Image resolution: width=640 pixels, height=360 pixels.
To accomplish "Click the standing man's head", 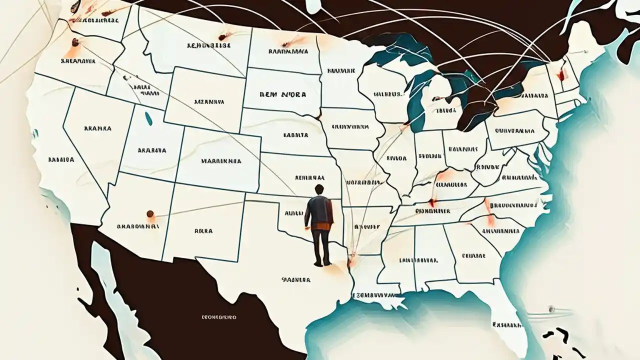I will coord(318,190).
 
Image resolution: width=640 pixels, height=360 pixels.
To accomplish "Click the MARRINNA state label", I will coord(221,161).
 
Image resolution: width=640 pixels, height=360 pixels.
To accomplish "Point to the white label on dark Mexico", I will coord(218,317).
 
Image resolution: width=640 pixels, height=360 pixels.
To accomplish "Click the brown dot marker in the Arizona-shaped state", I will coord(150,214).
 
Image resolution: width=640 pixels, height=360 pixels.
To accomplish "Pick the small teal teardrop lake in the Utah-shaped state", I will coord(148,118).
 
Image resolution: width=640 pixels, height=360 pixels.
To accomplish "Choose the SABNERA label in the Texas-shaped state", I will coord(296,280).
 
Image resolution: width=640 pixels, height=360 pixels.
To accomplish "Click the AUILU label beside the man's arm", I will coord(293,212).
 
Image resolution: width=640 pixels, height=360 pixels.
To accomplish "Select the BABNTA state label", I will coord(295,135).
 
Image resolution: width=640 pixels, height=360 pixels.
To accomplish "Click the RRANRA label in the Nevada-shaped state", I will coord(97,128).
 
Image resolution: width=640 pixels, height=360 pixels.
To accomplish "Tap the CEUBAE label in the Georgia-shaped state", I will coord(474,255).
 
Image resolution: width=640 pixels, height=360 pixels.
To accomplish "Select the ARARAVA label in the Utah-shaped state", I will coord(152,149).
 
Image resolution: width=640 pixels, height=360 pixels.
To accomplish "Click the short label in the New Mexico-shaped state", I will coord(203,231).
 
